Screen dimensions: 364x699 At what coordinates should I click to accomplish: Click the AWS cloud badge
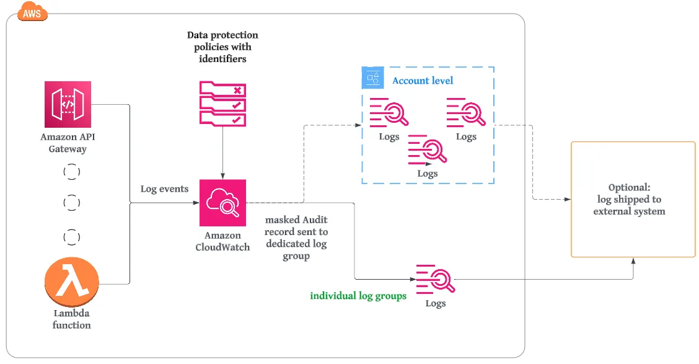tap(33, 11)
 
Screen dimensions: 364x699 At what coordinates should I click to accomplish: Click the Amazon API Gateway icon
tap(68, 104)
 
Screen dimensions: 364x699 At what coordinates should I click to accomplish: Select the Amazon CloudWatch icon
tap(222, 203)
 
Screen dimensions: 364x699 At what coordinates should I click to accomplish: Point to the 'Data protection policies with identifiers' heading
tap(222, 47)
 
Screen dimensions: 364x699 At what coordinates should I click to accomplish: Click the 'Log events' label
tap(164, 189)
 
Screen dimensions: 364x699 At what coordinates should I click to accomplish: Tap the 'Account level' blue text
tap(423, 81)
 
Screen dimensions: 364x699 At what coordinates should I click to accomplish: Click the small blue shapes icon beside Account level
tap(372, 78)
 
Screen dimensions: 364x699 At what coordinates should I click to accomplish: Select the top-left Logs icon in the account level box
tap(389, 112)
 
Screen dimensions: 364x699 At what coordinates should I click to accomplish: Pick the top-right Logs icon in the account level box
tap(465, 112)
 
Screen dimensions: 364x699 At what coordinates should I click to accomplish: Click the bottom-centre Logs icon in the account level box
tap(427, 149)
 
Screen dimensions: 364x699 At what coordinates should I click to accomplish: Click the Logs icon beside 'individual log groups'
tap(435, 280)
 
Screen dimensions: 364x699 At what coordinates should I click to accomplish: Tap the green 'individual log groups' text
tap(358, 296)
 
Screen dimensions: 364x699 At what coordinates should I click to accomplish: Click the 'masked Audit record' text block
tap(296, 237)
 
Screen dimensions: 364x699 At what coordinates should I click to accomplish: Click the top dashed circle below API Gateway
tap(72, 172)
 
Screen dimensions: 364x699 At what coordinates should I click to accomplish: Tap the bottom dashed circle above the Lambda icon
tap(72, 236)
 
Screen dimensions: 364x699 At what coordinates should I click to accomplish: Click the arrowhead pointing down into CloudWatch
tap(222, 175)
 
